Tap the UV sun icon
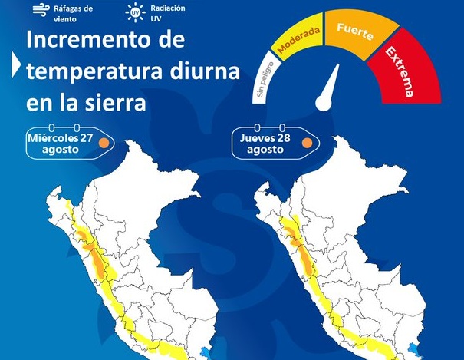click(136, 12)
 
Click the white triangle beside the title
click(16, 68)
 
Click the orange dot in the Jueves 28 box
click(306, 143)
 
